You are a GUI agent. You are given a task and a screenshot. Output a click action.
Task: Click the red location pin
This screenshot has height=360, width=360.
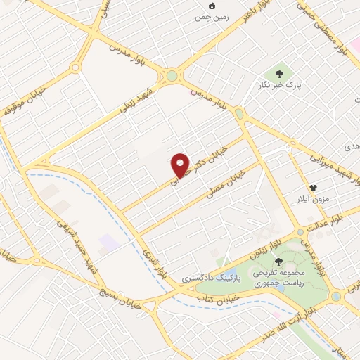(x=181, y=165)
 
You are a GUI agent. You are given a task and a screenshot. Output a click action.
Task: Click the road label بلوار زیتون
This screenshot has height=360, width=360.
(x=264, y=247)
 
